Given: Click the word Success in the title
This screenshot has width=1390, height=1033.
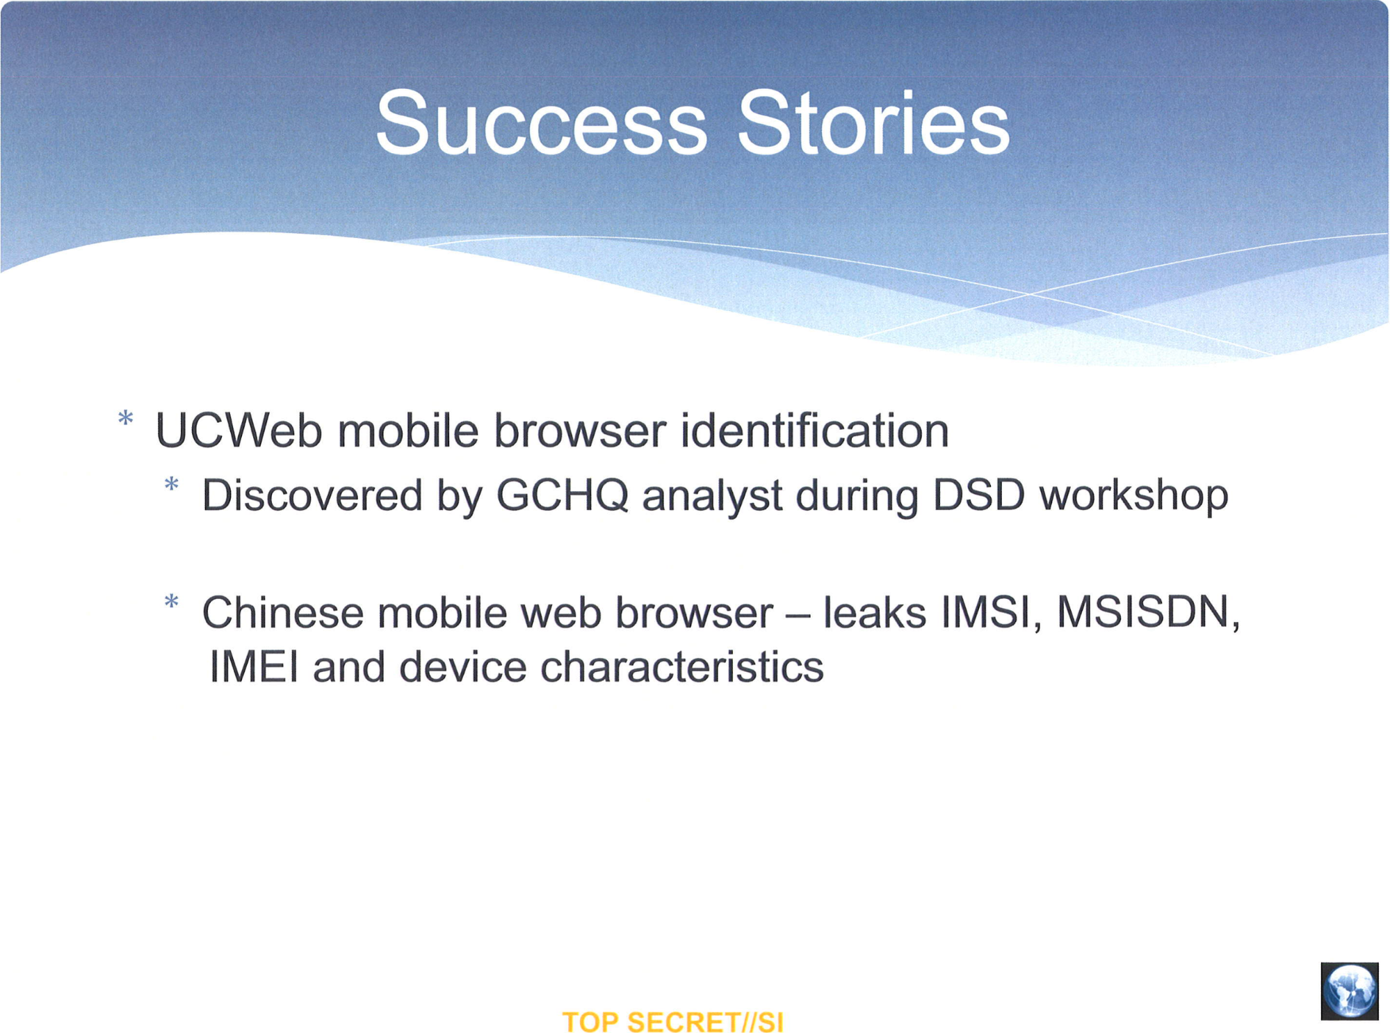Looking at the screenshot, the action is (542, 124).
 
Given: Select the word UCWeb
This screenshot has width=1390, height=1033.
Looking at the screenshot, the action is (239, 431).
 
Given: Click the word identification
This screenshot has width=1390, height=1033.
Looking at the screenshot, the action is (814, 431).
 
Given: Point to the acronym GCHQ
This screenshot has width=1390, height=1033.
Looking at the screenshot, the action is (562, 495).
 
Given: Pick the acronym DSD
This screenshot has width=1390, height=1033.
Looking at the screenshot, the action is (978, 495).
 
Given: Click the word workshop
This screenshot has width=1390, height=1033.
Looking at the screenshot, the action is (1133, 496).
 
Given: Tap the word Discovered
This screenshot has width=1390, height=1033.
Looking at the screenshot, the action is (312, 495).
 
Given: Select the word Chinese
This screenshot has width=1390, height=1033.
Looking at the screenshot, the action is (283, 613).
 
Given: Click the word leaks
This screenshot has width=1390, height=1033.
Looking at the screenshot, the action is (875, 613).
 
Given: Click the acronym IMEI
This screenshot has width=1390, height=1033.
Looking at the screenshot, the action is (254, 666).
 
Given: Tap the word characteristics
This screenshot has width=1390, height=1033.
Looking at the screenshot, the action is (682, 666).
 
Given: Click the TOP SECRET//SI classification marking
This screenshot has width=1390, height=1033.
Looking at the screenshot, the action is (672, 1023).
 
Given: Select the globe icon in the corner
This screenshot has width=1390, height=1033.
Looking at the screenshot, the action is (1350, 991).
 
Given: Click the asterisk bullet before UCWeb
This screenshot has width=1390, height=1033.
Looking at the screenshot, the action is (126, 419).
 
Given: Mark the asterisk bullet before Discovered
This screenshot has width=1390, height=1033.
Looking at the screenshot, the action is (172, 484).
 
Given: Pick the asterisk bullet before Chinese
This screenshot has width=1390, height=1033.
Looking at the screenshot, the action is (172, 602).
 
